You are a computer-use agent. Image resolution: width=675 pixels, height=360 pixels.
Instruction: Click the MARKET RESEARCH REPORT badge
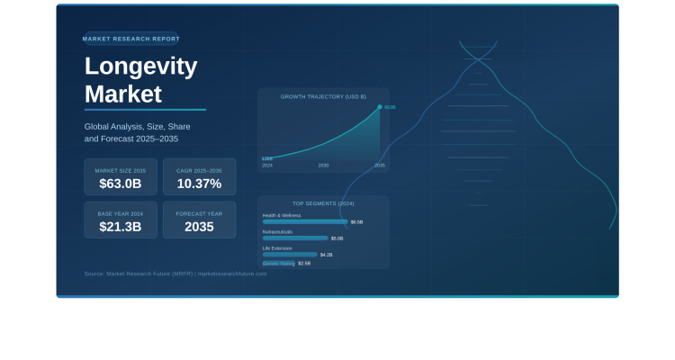[130, 39]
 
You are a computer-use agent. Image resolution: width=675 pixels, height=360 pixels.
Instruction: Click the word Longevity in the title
[140, 67]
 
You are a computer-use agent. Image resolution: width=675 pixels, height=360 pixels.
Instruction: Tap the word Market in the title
[123, 94]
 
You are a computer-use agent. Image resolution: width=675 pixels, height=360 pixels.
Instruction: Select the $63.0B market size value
[121, 184]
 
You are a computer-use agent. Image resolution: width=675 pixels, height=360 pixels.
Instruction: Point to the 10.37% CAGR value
[199, 184]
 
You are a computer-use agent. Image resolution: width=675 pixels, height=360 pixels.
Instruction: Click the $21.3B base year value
[121, 227]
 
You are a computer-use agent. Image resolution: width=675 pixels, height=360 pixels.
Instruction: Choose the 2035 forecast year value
[199, 227]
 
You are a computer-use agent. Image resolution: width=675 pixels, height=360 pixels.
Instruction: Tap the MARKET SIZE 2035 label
[121, 170]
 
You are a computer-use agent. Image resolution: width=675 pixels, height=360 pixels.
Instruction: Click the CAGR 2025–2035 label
[199, 170]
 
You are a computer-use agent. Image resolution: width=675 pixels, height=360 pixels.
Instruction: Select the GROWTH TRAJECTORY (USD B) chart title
[323, 96]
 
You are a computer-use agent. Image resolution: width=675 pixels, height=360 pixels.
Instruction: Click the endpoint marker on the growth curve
[380, 107]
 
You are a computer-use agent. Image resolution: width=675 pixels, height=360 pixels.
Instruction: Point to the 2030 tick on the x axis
[323, 166]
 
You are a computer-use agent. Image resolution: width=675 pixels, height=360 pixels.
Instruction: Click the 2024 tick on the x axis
[267, 166]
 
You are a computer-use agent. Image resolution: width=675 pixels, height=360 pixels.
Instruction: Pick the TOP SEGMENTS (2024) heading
[323, 203]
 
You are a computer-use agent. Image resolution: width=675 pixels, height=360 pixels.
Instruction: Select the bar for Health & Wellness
[305, 221]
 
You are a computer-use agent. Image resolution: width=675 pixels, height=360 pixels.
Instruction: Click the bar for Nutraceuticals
[295, 238]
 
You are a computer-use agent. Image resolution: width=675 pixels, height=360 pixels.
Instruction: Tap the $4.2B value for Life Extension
[326, 255]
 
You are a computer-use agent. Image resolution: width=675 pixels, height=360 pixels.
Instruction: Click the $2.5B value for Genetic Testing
[304, 264]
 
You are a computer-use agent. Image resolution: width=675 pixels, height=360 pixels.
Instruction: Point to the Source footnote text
[175, 274]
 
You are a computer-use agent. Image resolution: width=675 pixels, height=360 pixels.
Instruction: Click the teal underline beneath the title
[145, 110]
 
